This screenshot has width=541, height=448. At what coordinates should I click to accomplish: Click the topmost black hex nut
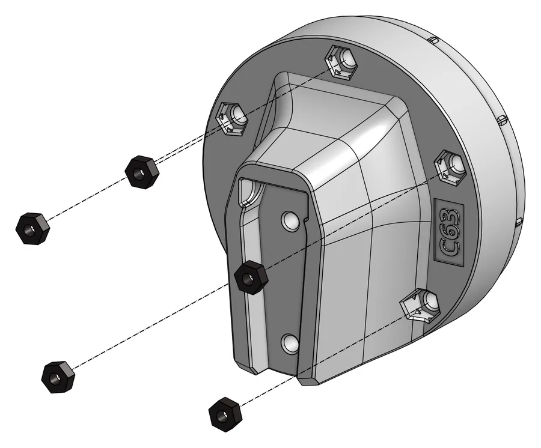coord(142,172)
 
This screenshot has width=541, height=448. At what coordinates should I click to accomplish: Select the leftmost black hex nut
coord(33,228)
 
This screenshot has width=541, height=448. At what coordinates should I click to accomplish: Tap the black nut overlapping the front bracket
coord(251,277)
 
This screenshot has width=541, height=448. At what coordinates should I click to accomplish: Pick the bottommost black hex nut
coord(225,414)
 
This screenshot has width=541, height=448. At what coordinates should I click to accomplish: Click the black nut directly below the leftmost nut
coord(58,377)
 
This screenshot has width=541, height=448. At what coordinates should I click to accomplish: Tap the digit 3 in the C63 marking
coord(450,214)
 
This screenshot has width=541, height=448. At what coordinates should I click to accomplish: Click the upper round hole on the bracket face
coord(290,221)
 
